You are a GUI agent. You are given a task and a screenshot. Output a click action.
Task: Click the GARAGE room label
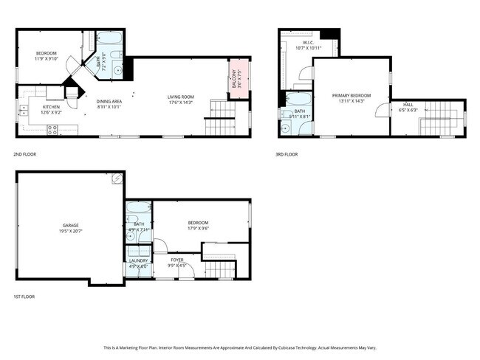71,225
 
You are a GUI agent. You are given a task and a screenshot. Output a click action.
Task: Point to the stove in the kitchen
53,130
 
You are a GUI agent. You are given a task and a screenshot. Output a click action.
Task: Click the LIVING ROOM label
180,97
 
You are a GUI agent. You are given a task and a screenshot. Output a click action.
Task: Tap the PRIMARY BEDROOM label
351,95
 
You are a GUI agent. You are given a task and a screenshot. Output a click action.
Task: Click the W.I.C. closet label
309,43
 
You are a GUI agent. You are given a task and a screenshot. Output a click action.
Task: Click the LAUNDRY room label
138,260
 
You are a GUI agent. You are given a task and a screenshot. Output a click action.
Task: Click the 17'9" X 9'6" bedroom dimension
198,229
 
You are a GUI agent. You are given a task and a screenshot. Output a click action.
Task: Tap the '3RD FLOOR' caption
287,154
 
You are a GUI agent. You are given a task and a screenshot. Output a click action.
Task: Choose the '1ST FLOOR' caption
24,297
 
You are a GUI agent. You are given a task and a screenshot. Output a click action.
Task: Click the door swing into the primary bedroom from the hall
382,111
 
